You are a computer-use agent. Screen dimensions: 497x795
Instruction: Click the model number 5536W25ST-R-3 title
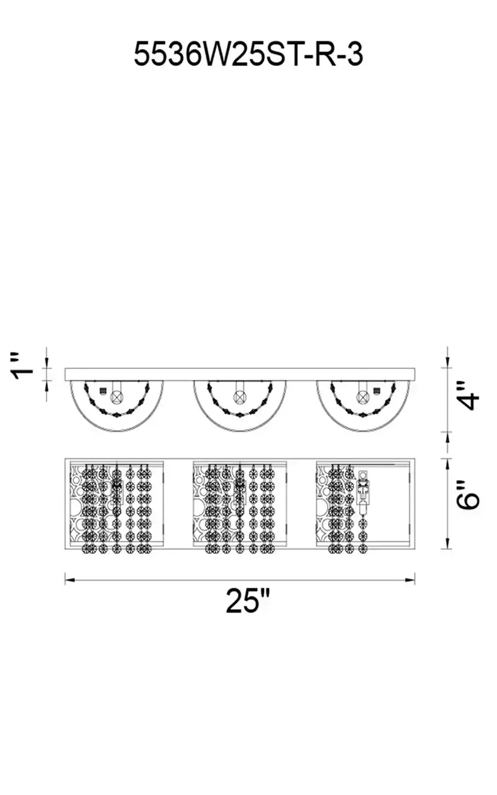click(248, 54)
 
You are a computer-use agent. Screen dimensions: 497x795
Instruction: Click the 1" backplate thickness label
click(23, 366)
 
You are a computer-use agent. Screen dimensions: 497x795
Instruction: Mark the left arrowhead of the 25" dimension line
click(70, 580)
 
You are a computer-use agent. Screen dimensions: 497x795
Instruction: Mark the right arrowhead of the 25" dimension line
click(410, 580)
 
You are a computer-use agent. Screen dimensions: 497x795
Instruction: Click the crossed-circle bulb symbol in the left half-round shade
click(116, 397)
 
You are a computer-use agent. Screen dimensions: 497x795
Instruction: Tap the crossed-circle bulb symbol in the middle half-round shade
click(239, 396)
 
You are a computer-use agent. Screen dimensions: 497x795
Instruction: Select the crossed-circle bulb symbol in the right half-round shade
click(363, 396)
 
